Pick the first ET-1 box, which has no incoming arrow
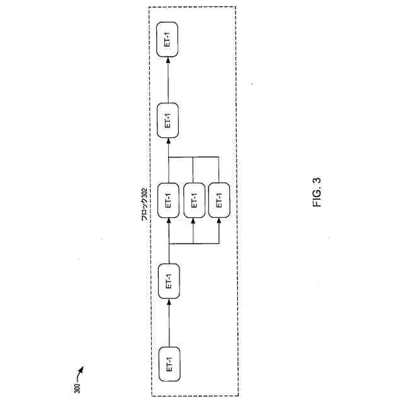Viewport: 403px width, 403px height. point(169,363)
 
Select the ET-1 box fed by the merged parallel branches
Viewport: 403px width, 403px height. point(169,120)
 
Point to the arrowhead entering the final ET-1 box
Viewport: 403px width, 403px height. point(169,59)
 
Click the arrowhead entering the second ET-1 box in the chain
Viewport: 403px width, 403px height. point(169,301)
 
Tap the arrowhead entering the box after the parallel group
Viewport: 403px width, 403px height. point(169,139)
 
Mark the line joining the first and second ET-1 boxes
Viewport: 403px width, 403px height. point(169,324)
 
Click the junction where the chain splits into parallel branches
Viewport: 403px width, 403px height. point(169,242)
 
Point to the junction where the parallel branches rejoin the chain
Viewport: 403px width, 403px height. point(169,156)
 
